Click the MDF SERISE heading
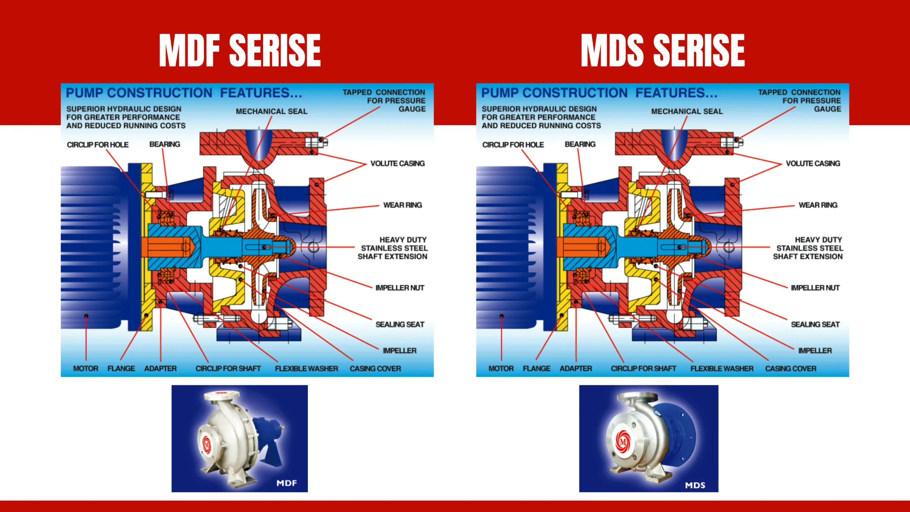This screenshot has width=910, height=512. pos(240,50)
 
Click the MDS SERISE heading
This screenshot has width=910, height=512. pos(663,50)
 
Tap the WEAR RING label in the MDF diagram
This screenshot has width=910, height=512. pos(402,205)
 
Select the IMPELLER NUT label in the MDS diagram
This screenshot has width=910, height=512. pos(815,288)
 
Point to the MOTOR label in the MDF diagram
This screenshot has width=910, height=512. pos(86,369)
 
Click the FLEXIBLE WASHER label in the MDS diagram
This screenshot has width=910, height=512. pos(722,369)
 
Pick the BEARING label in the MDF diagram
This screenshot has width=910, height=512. pos(165,144)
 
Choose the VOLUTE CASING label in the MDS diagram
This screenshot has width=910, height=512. pos(813,164)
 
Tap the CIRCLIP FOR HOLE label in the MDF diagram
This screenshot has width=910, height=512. pos(98,145)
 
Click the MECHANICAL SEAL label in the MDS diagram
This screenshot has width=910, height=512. pos(687,112)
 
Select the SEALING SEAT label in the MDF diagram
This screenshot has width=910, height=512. pos(400,325)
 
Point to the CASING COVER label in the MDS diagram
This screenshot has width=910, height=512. pos(791,369)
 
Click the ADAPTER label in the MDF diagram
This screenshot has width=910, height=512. pos(160,369)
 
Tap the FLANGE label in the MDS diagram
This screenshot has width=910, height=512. pos(536,369)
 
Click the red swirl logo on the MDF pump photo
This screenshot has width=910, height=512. pos(207,444)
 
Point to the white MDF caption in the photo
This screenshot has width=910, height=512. pos(287,483)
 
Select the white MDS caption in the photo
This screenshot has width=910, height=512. pos(695,485)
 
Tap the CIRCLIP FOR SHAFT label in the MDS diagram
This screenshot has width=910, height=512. pos(643,369)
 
